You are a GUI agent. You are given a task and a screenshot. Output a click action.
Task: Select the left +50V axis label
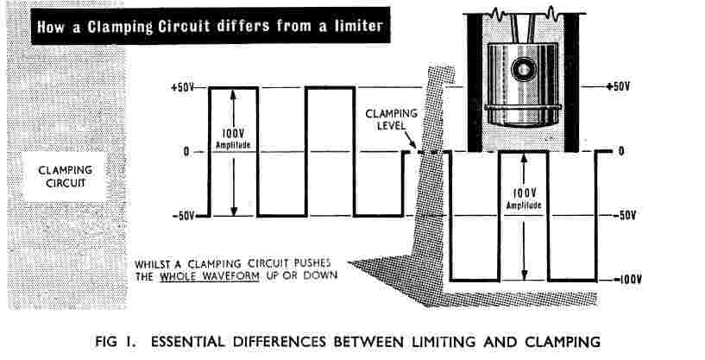pyautogui.click(x=183, y=88)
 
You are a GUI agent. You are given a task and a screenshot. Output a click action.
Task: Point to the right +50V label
pyautogui.click(x=619, y=87)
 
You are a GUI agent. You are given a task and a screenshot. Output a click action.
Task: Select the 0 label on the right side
pyautogui.click(x=620, y=152)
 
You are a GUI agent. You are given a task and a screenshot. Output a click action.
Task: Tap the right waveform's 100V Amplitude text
pyautogui.click(x=524, y=200)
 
